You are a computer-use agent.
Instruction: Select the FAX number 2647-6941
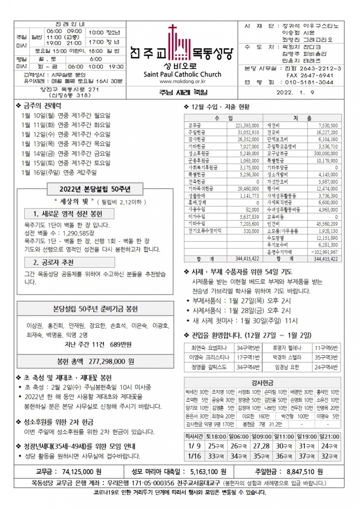310,75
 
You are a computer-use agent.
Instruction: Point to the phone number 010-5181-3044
310,82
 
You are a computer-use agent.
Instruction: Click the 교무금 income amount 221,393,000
247,125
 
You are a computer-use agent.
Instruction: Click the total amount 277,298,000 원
111,361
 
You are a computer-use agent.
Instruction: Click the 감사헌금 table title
262,382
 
